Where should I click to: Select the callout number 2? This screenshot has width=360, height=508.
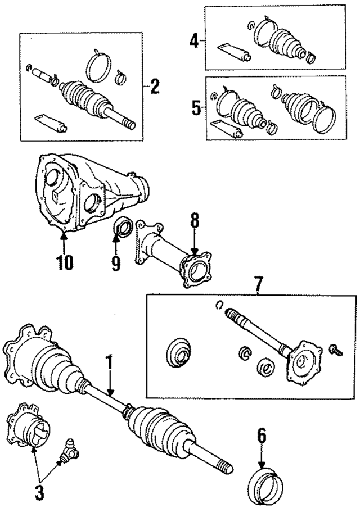(155, 87)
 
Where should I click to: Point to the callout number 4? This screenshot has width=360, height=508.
(194, 41)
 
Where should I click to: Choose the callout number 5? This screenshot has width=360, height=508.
(196, 107)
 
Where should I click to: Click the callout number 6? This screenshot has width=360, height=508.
(262, 437)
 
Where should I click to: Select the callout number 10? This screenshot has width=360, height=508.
(64, 262)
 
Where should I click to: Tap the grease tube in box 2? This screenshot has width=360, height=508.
(51, 122)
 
